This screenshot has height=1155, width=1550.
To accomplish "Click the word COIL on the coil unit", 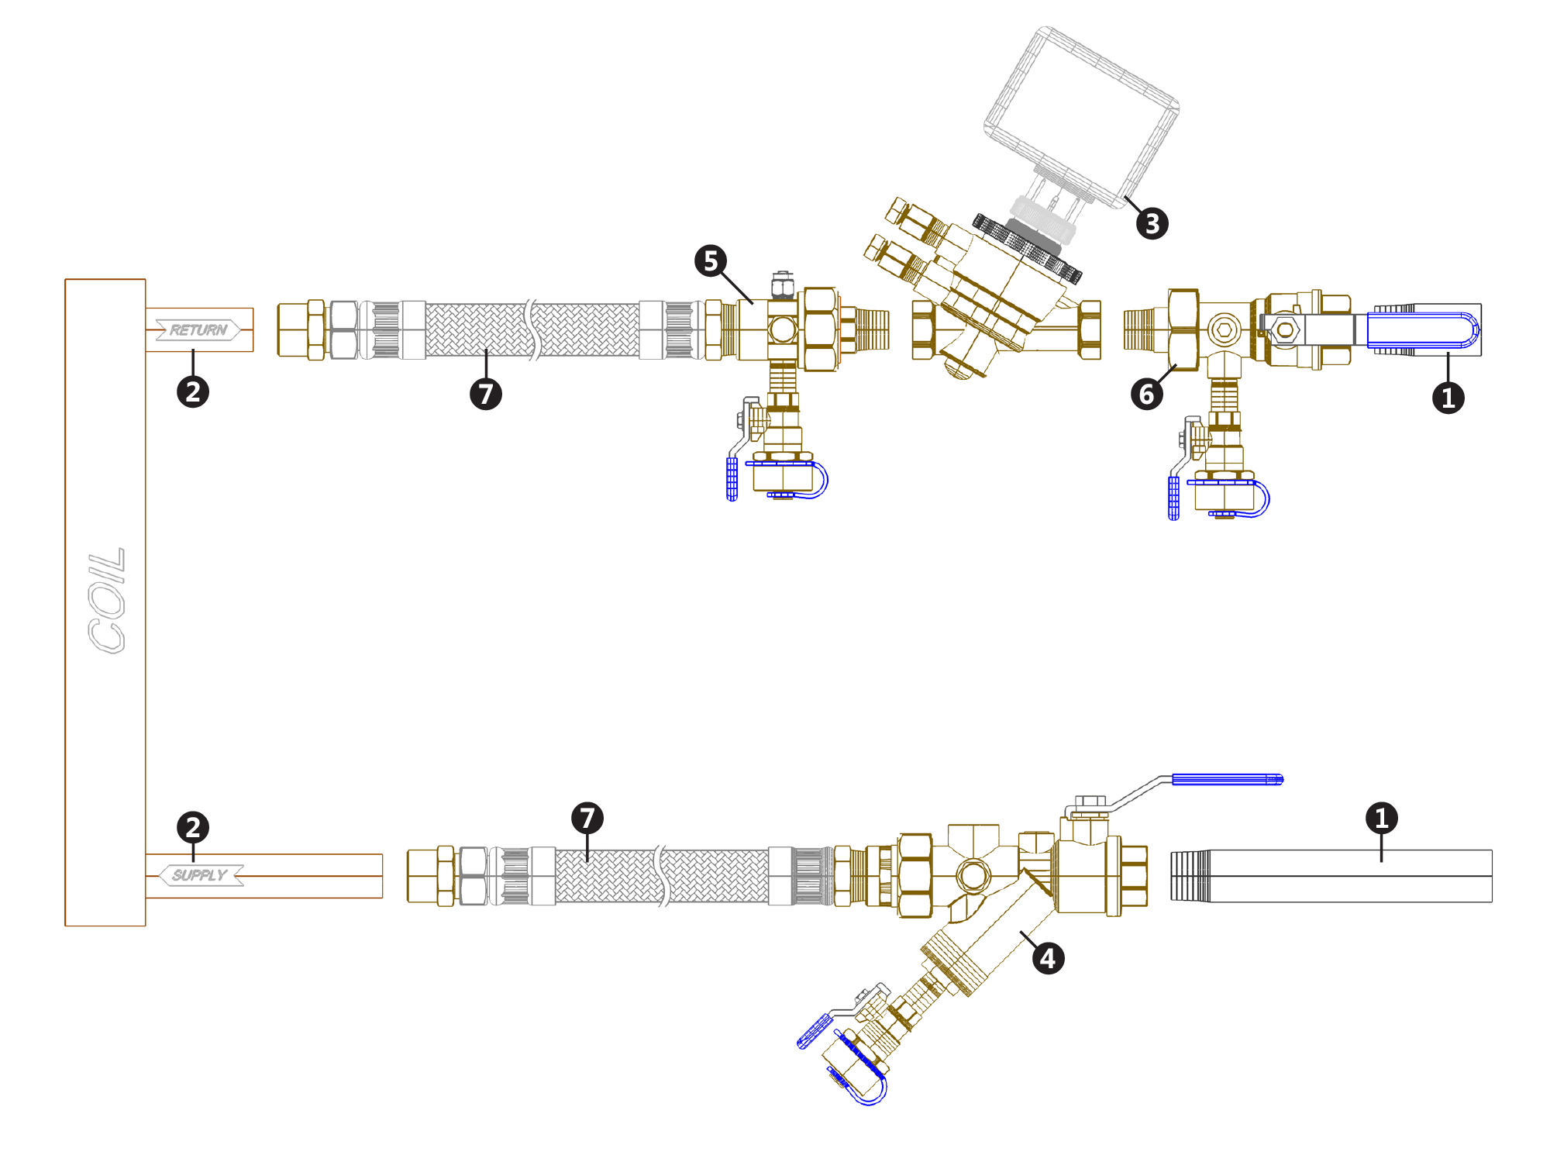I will click(x=106, y=600).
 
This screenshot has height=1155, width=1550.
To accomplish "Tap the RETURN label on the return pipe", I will click(x=198, y=330).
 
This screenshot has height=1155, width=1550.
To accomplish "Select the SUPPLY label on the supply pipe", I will click(x=200, y=875).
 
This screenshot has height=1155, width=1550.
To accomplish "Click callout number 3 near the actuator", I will click(x=1152, y=223).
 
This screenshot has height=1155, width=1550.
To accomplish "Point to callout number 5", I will click(x=711, y=261).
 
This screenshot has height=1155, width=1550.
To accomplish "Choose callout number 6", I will click(x=1146, y=394).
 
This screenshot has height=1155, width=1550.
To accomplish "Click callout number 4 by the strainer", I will click(x=1048, y=959).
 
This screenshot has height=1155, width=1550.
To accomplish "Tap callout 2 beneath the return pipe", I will click(x=193, y=391).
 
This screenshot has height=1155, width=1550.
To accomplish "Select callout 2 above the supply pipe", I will click(x=193, y=827).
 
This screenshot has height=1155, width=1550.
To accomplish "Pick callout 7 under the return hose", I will click(x=486, y=394).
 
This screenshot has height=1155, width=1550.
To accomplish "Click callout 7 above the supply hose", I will click(x=587, y=818).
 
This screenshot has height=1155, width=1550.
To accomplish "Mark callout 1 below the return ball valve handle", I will click(x=1448, y=398).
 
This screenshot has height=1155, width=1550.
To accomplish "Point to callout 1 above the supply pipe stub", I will click(x=1381, y=818).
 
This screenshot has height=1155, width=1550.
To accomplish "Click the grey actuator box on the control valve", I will click(x=1082, y=116).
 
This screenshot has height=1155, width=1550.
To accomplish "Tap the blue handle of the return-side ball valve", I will click(x=1423, y=330).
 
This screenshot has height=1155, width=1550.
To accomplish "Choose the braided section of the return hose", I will click(x=477, y=330).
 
